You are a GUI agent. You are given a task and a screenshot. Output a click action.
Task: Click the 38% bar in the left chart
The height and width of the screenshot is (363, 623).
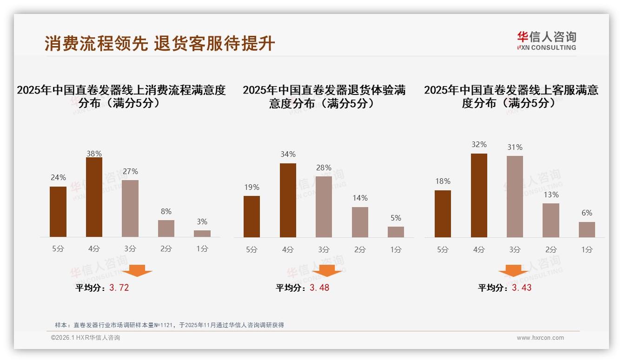(94, 197)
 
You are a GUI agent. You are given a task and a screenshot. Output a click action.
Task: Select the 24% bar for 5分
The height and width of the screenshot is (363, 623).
(58, 212)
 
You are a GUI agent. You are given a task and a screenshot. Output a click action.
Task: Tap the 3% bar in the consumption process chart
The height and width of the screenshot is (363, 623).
(202, 234)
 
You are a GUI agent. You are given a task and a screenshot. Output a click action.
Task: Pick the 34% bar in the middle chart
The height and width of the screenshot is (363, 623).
(288, 200)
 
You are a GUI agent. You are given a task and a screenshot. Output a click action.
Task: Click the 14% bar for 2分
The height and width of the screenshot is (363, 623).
(360, 222)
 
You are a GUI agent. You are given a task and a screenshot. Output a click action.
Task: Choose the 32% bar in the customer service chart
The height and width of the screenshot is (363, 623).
(479, 195)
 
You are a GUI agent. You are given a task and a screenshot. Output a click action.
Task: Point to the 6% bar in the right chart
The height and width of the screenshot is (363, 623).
(587, 229)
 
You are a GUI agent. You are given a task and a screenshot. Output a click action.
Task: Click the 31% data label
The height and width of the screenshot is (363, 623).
(515, 147)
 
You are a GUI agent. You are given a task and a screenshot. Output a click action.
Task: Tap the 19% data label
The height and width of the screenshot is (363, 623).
(252, 187)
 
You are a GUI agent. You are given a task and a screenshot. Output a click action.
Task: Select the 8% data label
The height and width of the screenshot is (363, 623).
(166, 211)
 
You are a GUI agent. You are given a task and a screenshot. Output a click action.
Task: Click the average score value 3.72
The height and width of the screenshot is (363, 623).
(119, 288)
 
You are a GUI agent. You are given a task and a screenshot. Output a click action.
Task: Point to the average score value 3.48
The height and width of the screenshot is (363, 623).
(319, 288)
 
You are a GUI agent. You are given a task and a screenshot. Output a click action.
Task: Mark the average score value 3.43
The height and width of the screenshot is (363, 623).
(522, 288)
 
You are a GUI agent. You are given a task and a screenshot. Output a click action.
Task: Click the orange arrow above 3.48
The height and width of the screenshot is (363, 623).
(327, 270)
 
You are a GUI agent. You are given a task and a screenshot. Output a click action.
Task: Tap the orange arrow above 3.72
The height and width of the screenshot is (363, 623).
(137, 270)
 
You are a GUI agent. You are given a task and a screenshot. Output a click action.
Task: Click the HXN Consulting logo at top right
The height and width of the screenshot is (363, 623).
(546, 40)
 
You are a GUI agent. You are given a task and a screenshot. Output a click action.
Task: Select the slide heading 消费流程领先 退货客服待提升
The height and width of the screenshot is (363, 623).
(160, 43)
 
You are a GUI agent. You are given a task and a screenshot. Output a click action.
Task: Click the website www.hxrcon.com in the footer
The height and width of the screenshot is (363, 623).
(540, 338)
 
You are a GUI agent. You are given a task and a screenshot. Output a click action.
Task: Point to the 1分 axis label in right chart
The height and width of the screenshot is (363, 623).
(587, 249)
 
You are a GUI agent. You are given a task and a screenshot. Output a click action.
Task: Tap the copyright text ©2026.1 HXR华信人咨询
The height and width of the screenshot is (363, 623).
(86, 338)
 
